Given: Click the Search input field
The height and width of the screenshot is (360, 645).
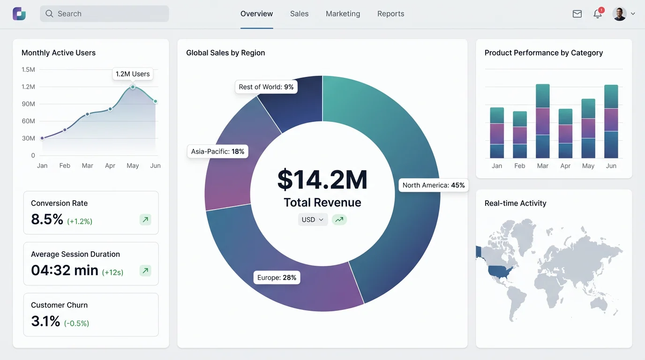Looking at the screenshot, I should [104, 14].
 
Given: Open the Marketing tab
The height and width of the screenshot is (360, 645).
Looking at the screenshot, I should [343, 14].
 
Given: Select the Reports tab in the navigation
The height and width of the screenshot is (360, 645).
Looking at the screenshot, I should [390, 14].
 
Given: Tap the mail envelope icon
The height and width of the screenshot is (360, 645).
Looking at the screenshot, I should [577, 14].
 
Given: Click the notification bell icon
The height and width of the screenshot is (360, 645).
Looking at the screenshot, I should [598, 14].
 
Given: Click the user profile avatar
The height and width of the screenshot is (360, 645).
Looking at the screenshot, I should [619, 14].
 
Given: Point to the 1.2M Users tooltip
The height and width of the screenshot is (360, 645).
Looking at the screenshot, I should [133, 74].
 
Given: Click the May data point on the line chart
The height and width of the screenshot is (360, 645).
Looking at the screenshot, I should [133, 87].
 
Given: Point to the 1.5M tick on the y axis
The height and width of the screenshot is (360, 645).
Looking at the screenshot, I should [28, 69].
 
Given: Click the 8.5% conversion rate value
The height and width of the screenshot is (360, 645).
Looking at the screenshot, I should [47, 219].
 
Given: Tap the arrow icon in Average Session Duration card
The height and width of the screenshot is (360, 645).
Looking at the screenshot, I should [145, 270].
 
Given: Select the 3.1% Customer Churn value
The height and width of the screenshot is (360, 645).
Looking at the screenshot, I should [45, 321].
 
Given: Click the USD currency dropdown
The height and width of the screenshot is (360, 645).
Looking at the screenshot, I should [313, 219].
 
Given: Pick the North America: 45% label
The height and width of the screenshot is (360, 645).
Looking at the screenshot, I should [433, 185].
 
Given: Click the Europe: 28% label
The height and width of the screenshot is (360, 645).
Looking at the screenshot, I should [277, 277].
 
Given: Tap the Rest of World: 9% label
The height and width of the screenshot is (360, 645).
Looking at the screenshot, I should [266, 87].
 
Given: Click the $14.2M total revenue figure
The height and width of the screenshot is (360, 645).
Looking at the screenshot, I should [322, 180].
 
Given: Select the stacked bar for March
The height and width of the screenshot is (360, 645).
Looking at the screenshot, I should [542, 121].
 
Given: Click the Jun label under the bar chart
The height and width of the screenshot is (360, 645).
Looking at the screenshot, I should [611, 166].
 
